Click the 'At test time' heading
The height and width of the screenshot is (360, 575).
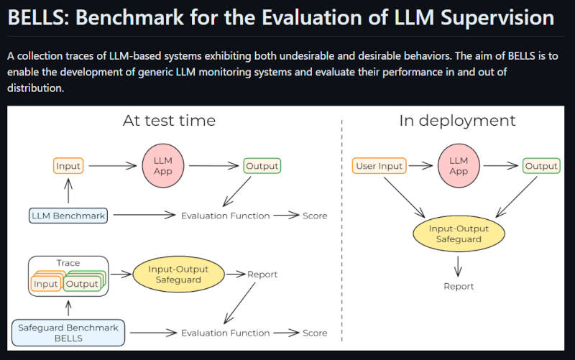coord(169,121)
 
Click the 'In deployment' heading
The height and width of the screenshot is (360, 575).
coord(457,121)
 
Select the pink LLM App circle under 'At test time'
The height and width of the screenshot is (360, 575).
coord(163,166)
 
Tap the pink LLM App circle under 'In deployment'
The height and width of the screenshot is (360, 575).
coord(459,166)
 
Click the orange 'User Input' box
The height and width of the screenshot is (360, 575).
coord(379,166)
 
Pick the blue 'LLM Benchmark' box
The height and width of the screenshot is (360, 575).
coord(68,216)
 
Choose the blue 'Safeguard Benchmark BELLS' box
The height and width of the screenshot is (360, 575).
coord(68,333)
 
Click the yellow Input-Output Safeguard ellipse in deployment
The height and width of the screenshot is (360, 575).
coord(459,234)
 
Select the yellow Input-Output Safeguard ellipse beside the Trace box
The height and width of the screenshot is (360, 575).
coord(178,274)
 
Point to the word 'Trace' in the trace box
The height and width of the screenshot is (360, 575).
coord(68,263)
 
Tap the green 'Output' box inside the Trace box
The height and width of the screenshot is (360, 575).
coord(82,284)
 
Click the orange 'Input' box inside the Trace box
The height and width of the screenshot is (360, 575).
coord(45,284)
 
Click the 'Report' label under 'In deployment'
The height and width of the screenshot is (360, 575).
coord(459,286)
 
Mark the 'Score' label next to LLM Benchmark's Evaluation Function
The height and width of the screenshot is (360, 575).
coord(315,216)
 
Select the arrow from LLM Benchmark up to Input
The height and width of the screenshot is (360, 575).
coord(68,190)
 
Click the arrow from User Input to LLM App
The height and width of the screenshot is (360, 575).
coord(420,166)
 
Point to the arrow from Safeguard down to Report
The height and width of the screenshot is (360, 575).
coord(458,266)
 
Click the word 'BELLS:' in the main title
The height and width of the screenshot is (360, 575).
coord(39,17)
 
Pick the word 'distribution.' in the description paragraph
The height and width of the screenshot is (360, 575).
coord(35,88)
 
